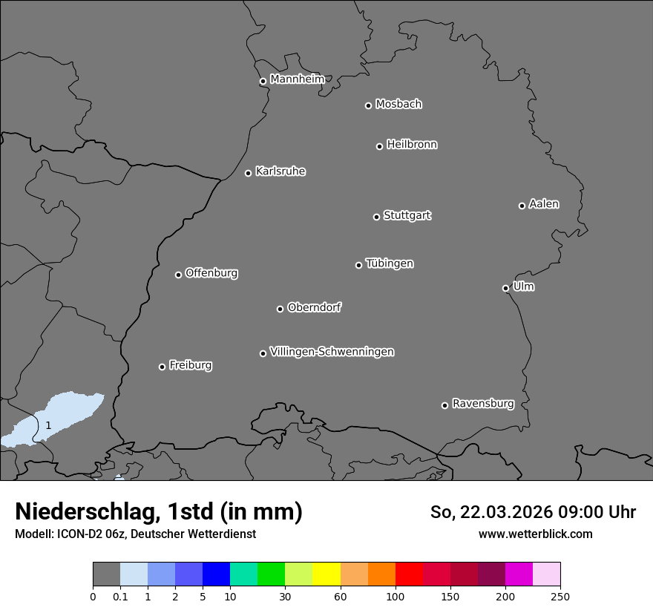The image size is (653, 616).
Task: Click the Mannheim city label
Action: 297,79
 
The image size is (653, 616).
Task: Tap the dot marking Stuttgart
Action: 376,217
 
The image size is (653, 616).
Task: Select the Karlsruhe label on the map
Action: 280,171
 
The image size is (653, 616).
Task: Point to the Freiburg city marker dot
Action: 162,367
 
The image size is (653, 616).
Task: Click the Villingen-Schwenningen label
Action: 332,352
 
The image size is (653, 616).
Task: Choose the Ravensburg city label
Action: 482,404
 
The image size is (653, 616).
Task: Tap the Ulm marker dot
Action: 505,288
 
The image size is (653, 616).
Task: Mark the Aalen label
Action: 544,204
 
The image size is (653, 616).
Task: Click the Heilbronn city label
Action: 412,145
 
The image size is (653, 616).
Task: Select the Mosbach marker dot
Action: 368,105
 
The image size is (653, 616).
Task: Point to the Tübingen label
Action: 390,263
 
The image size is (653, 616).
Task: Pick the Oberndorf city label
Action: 314,307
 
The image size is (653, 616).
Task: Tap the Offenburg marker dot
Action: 178,275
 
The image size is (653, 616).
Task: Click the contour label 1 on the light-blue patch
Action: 48,426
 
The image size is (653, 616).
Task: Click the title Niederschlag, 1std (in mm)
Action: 159,511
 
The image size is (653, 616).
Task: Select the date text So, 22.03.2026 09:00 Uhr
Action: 533,512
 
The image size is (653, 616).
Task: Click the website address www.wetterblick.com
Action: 535,534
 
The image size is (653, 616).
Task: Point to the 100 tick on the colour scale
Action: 396,597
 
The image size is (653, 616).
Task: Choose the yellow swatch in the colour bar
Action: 326,574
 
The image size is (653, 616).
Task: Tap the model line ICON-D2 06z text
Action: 135,534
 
